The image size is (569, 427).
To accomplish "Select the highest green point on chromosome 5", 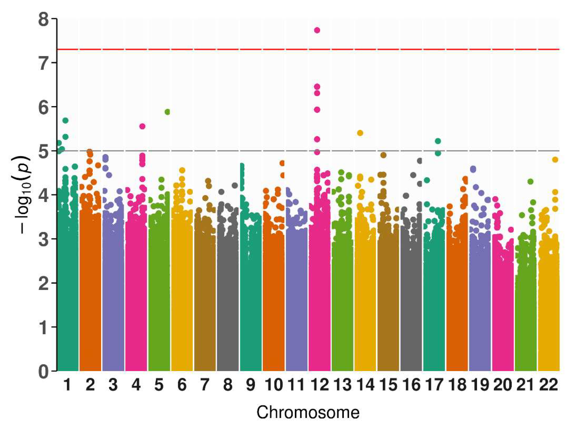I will click(x=168, y=112).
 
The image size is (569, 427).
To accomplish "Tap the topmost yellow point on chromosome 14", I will click(x=360, y=133).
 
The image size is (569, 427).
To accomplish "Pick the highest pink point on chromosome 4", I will click(x=143, y=126).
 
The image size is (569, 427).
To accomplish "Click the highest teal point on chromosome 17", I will click(x=438, y=141).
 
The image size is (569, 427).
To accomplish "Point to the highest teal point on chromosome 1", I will click(x=65, y=120).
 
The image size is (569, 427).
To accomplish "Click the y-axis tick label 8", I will click(x=44, y=20).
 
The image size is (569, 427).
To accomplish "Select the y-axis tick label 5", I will click(x=44, y=151).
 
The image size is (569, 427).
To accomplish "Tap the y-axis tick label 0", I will click(x=44, y=371).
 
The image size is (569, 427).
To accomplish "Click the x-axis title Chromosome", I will click(x=308, y=413).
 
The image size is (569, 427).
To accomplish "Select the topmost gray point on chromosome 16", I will click(x=420, y=161).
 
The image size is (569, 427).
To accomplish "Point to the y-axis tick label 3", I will click(x=44, y=239).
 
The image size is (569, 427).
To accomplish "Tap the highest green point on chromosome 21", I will click(x=530, y=182).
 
